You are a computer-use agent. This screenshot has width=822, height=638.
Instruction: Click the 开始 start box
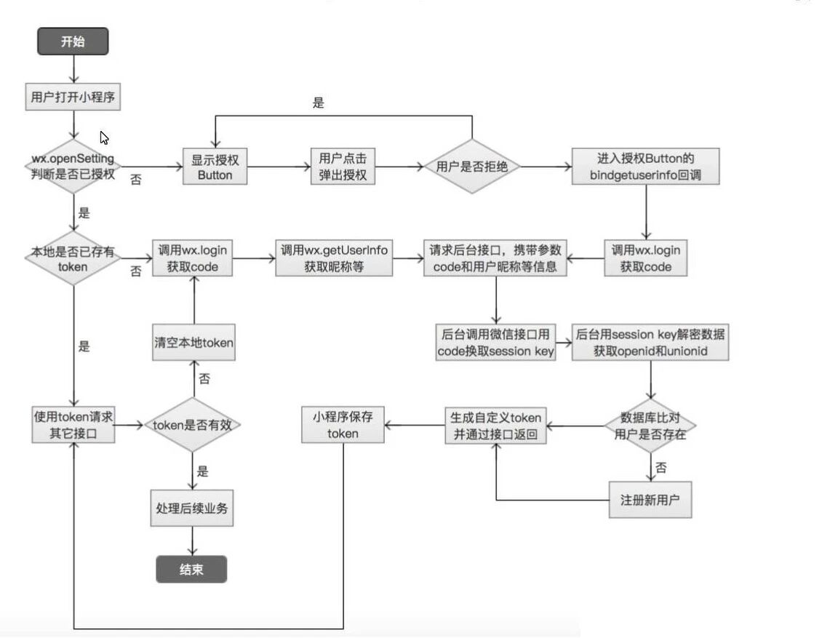(73, 41)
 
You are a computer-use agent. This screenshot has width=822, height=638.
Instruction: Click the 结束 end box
(191, 570)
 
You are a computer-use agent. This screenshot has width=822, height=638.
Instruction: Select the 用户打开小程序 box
(73, 96)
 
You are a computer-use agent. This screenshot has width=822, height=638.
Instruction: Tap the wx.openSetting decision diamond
(73, 167)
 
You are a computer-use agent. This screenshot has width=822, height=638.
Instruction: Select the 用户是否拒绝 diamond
(472, 167)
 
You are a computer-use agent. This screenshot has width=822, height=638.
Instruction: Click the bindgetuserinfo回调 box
(646, 167)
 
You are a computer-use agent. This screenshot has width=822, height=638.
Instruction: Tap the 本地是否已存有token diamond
(73, 258)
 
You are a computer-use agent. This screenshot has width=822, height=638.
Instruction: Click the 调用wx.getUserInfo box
(334, 258)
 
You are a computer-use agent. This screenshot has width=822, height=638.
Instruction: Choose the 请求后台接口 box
(497, 258)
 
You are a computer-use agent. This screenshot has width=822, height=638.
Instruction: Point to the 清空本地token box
(193, 343)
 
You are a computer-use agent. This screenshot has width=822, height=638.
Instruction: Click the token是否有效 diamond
(193, 425)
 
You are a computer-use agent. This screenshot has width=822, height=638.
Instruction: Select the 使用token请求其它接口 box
(73, 425)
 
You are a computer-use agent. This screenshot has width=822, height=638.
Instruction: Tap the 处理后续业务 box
(193, 509)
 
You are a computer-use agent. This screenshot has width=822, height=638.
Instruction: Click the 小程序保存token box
(343, 425)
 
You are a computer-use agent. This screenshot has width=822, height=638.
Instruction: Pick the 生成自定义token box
(495, 425)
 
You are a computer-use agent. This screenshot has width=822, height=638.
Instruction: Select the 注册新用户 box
(650, 501)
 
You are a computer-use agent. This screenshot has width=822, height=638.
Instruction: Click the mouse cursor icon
(104, 137)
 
